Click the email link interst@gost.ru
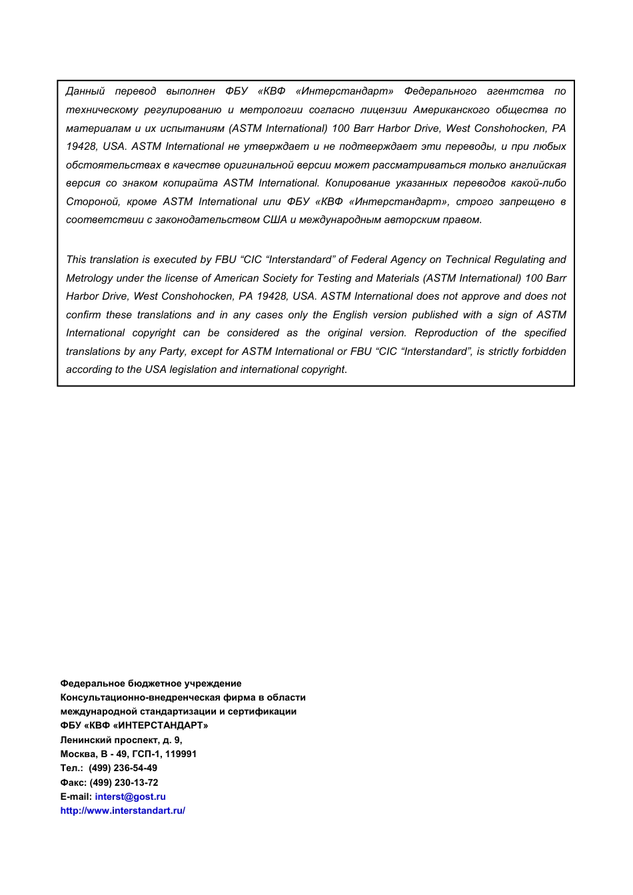click(130, 796)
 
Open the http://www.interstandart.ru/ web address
click(123, 810)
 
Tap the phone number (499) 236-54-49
click(123, 768)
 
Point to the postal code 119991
click(181, 754)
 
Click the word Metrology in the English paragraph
click(89, 278)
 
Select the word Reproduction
click(446, 333)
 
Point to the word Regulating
click(520, 260)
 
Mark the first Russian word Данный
click(85, 91)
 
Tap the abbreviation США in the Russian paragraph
click(275, 220)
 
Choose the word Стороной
click(93, 202)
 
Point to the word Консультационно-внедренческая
click(131, 697)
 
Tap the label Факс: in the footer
click(73, 782)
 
